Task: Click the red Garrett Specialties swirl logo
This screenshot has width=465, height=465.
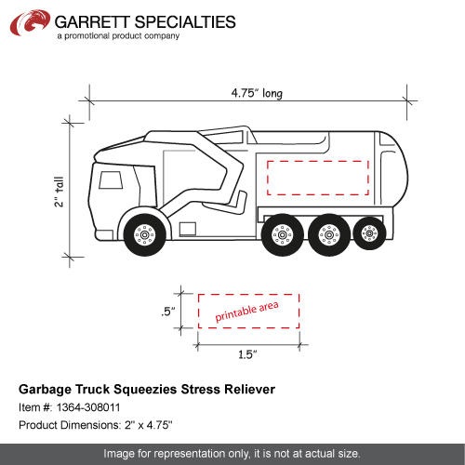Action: click(x=30, y=22)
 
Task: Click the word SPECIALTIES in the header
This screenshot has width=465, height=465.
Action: click(x=185, y=22)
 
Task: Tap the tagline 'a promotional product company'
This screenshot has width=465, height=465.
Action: click(x=118, y=36)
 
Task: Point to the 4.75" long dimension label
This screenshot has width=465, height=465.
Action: click(x=257, y=93)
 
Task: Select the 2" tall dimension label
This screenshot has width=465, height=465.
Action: click(x=59, y=192)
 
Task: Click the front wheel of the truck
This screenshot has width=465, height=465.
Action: click(x=144, y=234)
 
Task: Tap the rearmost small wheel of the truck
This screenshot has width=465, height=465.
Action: click(x=369, y=233)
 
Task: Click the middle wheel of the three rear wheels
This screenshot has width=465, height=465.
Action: click(x=329, y=234)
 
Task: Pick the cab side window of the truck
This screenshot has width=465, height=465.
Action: click(x=111, y=180)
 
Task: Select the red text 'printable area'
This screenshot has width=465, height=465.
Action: click(x=246, y=312)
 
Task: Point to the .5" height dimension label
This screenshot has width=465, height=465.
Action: click(x=168, y=312)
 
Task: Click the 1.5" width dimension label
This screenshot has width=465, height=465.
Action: click(x=247, y=354)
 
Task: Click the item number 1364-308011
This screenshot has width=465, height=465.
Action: click(x=88, y=407)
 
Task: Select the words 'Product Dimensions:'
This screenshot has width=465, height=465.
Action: click(x=70, y=425)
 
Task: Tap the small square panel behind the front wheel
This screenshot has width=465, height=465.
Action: click(x=188, y=229)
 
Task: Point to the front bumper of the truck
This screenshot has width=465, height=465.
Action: click(x=104, y=235)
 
